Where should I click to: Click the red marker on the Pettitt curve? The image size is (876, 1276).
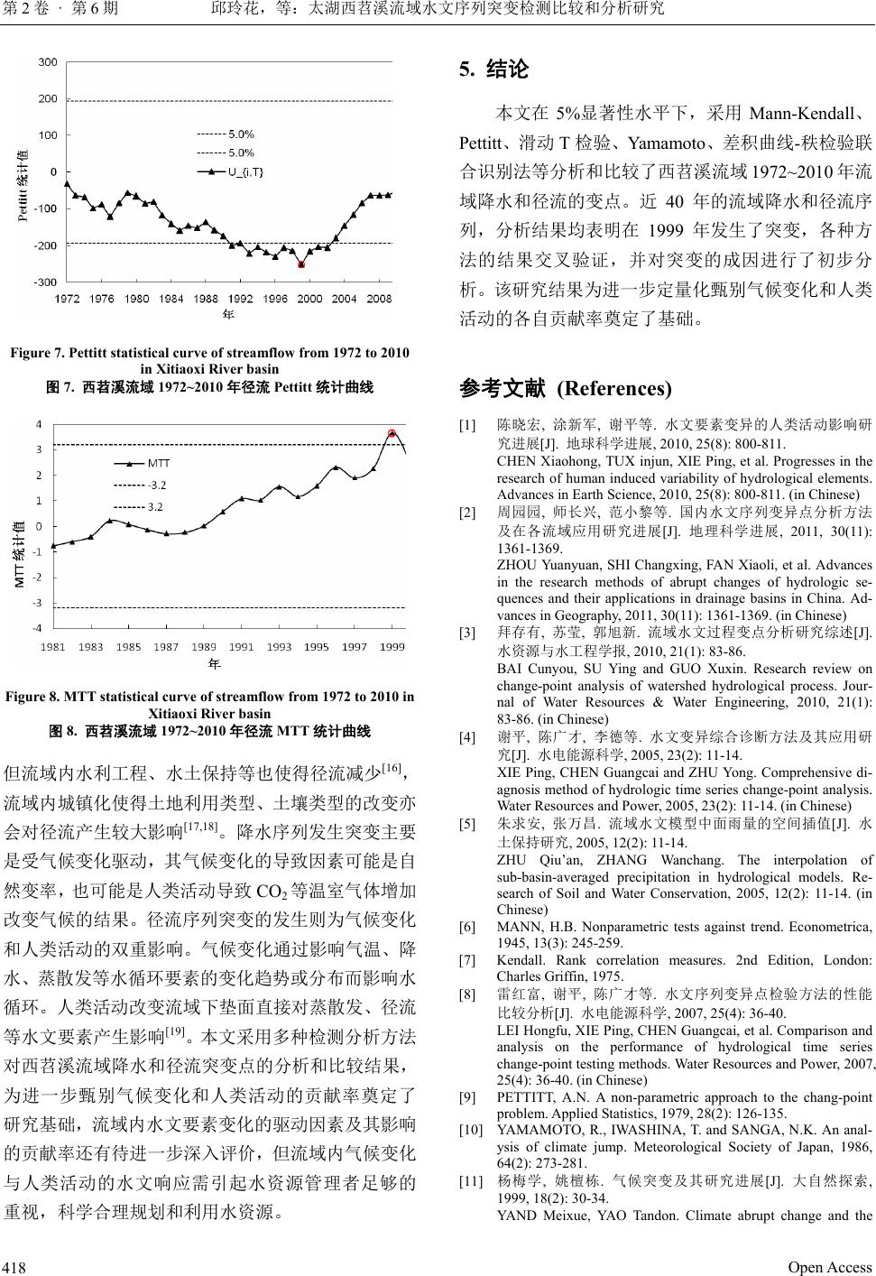click(x=301, y=264)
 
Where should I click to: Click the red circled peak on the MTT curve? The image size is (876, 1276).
click(x=392, y=434)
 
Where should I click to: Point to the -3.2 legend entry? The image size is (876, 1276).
click(x=157, y=485)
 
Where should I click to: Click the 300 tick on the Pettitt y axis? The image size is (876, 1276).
click(x=47, y=61)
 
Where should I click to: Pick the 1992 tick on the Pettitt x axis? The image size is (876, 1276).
click(x=240, y=299)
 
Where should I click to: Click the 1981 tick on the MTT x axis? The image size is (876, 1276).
click(x=52, y=646)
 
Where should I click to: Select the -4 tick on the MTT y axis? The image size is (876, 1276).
click(x=37, y=627)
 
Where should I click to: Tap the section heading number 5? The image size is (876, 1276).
click(x=466, y=69)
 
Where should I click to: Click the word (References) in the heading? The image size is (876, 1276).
click(x=614, y=389)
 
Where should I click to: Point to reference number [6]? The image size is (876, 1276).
click(x=468, y=927)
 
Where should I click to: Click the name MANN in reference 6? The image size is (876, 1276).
click(x=518, y=927)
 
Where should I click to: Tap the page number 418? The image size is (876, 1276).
click(x=15, y=1267)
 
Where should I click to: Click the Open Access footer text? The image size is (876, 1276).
click(x=829, y=1267)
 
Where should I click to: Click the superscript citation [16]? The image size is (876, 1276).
click(x=392, y=768)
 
